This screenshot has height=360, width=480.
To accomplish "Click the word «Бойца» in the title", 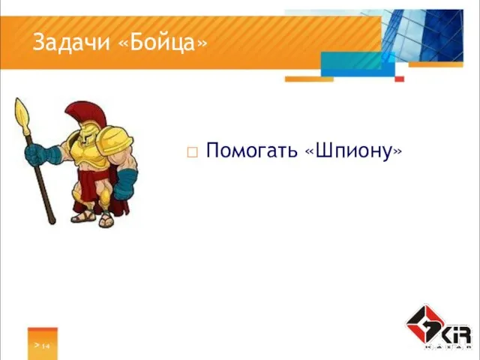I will [x=163, y=44].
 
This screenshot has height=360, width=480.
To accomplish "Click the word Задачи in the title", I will [x=73, y=44].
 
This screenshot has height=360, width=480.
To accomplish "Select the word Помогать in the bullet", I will [x=252, y=151].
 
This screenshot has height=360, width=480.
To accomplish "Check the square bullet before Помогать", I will [x=192, y=153].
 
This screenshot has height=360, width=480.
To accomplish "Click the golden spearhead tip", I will [x=22, y=112].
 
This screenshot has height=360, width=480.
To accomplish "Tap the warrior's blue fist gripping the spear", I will [x=34, y=154].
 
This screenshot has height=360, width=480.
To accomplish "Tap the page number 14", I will [x=46, y=346].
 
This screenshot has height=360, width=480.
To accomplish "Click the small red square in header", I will [x=400, y=79].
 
